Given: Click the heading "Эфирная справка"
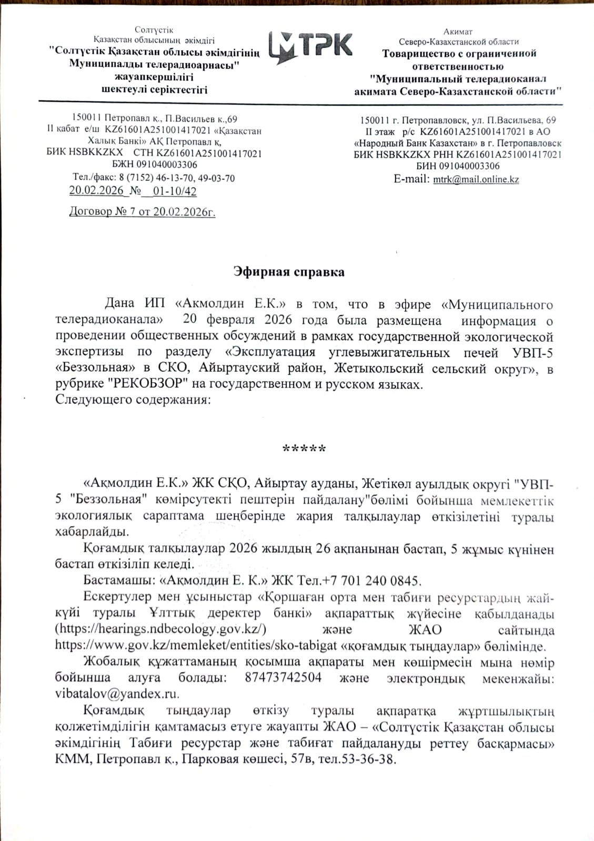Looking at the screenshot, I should point(289,272).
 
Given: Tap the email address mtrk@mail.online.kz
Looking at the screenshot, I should point(476,179).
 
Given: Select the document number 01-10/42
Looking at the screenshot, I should point(174,191).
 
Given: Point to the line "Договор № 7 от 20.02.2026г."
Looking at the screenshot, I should point(142,212).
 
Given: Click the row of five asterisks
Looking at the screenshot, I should point(304,448).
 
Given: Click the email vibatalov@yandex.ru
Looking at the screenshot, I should point(117,693).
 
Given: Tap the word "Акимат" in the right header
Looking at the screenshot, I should point(458,32).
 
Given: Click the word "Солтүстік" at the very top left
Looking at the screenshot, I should point(154,30).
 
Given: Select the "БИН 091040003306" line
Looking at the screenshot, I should point(458,166).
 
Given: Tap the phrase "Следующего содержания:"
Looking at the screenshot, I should point(133,400).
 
